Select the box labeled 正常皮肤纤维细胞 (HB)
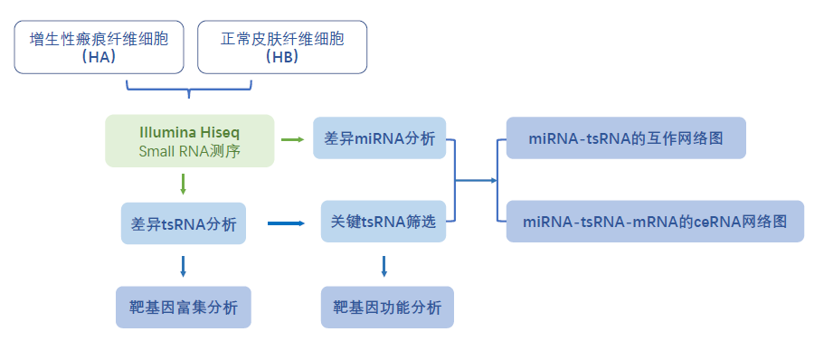coord(282,47)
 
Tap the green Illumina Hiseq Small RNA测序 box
coord(190,140)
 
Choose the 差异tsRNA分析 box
coord(184,223)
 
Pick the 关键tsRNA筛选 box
coord(384,222)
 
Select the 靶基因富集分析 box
coord(183,308)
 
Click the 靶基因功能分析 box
coord(387,308)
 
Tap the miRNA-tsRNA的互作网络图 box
coord(626,138)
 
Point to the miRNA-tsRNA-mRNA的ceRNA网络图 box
coord(655,221)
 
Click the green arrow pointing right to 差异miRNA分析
coord(292,139)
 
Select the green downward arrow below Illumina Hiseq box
coord(184,185)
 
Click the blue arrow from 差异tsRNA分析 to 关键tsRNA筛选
coord(286,223)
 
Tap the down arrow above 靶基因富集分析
coord(184,266)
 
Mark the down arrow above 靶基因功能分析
coord(384,266)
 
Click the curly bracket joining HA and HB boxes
coord(189,89)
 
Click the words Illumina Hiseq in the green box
coord(190,131)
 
